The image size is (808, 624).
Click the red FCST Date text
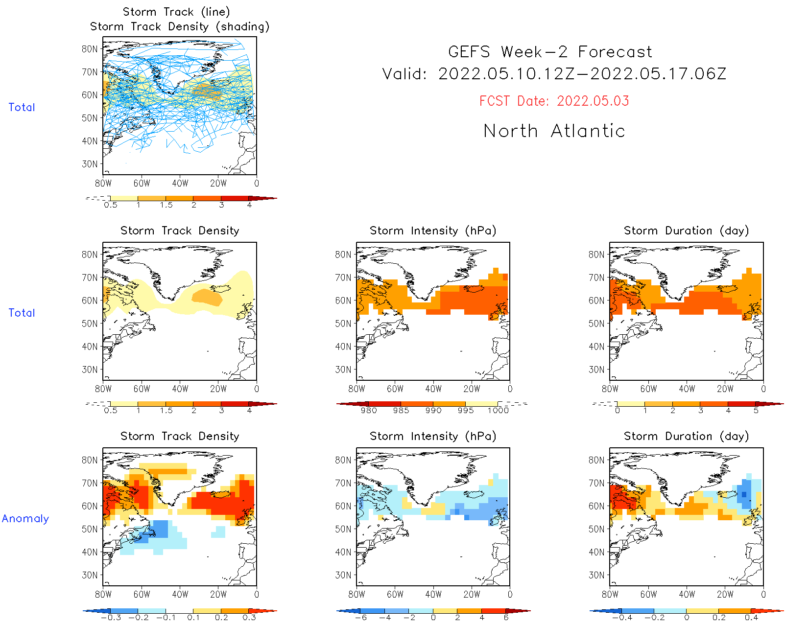point(554,101)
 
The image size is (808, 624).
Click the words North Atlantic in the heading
point(554,131)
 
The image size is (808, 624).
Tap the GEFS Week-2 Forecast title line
point(550,52)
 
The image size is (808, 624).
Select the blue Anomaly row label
point(25,518)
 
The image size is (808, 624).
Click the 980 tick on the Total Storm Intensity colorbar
point(368,411)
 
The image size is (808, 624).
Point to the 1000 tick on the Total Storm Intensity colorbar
point(498,411)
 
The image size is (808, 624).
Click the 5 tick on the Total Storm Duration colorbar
point(756,411)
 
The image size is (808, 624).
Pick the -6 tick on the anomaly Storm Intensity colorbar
point(361,618)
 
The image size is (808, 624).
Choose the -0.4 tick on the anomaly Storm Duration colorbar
point(622,618)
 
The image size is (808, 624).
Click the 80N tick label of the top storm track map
point(90,49)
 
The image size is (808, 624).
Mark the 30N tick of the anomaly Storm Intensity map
point(343,575)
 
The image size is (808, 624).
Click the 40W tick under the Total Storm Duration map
point(687,389)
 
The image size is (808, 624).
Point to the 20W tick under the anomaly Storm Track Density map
point(218,595)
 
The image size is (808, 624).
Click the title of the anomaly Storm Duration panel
point(686,436)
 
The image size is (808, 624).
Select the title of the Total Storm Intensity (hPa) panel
point(433,231)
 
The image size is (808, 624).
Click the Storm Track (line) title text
point(176,12)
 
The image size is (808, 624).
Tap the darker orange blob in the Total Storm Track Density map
point(207,297)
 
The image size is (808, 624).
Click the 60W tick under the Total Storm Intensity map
point(395,389)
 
